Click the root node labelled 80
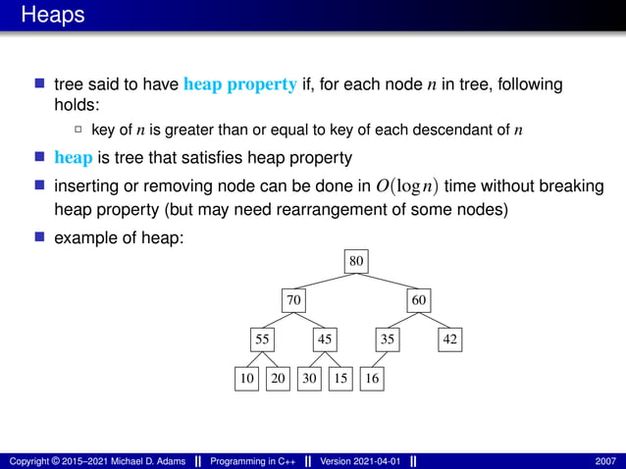pyautogui.click(x=356, y=261)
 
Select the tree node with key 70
pyautogui.click(x=292, y=299)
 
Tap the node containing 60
pyautogui.click(x=419, y=299)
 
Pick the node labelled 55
pyautogui.click(x=262, y=339)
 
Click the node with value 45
pyautogui.click(x=325, y=339)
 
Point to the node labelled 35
pyautogui.click(x=388, y=339)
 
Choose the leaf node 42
pyautogui.click(x=449, y=339)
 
